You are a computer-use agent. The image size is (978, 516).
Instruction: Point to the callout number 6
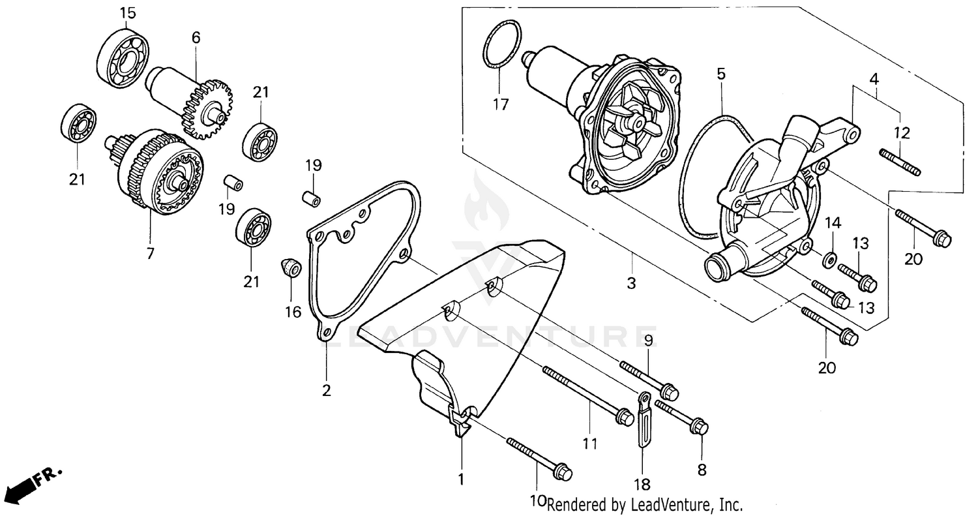tap(196, 38)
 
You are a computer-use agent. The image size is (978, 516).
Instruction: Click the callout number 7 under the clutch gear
tap(151, 253)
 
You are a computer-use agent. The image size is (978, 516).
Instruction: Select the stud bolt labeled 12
tap(900, 162)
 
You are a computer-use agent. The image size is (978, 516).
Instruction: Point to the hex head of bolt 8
tap(700, 428)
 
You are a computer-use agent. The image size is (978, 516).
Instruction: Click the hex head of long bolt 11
tap(625, 416)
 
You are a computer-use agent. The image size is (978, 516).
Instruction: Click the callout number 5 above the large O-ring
tap(720, 74)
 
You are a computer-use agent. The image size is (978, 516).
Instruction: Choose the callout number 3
tap(631, 284)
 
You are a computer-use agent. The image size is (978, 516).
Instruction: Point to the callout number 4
tap(874, 79)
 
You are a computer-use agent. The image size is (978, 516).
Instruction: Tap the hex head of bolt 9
tap(670, 393)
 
